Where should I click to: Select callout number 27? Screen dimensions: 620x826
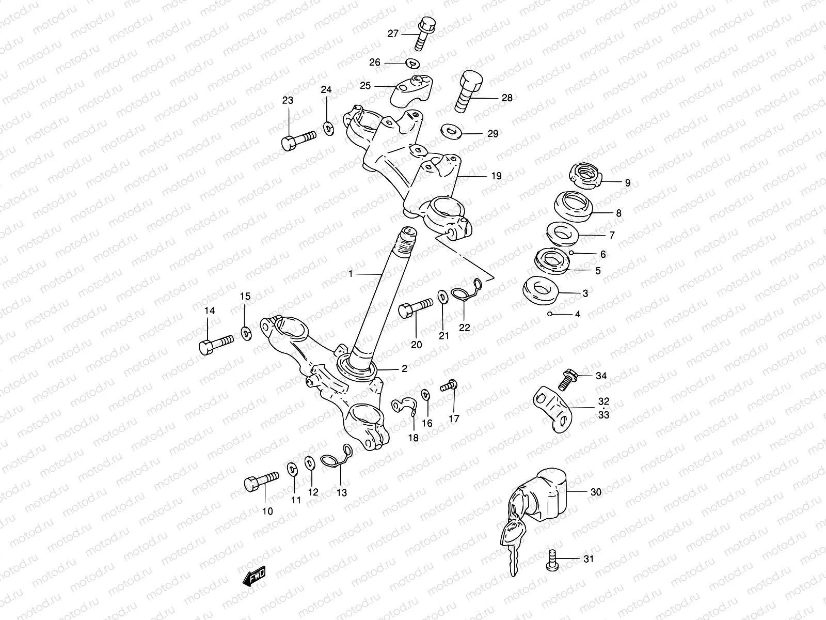click(393, 34)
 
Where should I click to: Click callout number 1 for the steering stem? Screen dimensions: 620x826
click(351, 274)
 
